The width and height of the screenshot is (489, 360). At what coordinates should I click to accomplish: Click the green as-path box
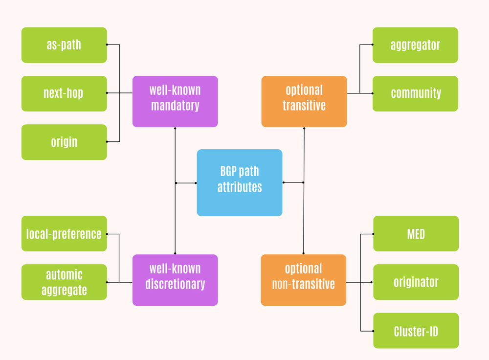[64, 45]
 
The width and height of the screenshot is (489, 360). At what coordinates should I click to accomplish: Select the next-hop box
[64, 93]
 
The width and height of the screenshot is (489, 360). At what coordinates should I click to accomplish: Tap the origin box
[64, 142]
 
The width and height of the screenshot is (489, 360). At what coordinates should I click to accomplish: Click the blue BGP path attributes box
[240, 182]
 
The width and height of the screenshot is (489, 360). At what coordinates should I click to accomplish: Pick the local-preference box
[64, 233]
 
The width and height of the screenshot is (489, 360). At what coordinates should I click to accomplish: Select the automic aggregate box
[64, 282]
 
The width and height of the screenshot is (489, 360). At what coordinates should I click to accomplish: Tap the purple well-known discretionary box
[175, 280]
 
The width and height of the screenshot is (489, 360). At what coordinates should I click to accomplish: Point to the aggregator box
[415, 45]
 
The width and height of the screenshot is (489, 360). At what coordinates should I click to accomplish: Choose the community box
[415, 93]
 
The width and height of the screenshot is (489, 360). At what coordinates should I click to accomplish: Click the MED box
[416, 233]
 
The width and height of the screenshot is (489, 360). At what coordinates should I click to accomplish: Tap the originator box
[416, 282]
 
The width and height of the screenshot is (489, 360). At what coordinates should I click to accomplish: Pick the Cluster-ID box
[416, 331]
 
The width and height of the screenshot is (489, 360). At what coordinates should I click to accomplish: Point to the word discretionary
[175, 284]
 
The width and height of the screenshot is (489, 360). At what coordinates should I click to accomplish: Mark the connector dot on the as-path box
[107, 45]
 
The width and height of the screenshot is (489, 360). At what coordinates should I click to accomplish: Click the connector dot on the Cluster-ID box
[373, 331]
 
